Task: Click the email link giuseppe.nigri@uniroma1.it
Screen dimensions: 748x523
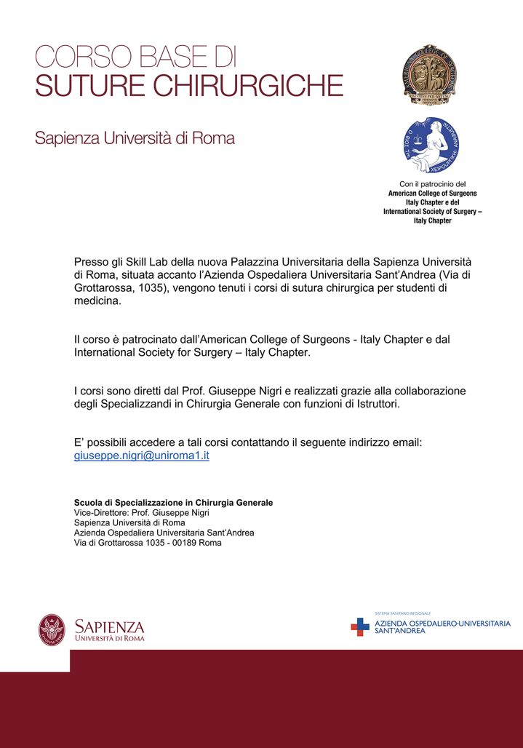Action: [x=142, y=455]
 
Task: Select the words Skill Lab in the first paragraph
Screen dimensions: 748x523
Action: [x=149, y=260]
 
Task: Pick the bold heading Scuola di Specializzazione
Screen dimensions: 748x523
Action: [x=173, y=503]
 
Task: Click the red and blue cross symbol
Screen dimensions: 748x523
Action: [x=360, y=626]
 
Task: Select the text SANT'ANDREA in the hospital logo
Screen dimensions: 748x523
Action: [x=400, y=631]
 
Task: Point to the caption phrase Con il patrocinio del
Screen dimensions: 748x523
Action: [x=432, y=184]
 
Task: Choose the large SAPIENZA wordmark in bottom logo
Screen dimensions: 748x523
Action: [x=110, y=626]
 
